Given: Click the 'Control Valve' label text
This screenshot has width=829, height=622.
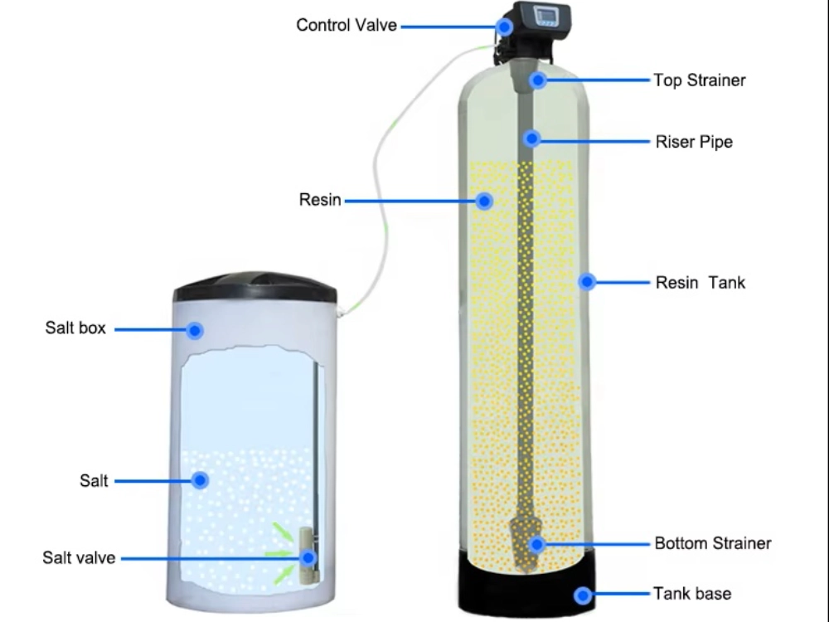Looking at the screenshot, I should pyautogui.click(x=347, y=26).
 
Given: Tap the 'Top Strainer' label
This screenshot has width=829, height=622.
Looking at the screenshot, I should pyautogui.click(x=700, y=80).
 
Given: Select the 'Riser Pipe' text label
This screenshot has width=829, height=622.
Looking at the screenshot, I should pyautogui.click(x=694, y=142).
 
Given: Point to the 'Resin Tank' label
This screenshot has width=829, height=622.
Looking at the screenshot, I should pyautogui.click(x=701, y=283).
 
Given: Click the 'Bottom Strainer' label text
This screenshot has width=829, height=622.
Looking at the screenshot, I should pyautogui.click(x=713, y=544).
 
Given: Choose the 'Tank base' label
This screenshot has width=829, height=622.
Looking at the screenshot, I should pyautogui.click(x=692, y=594).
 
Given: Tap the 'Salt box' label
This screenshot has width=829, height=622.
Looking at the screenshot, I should pyautogui.click(x=75, y=328).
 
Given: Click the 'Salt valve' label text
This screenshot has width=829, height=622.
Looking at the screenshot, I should pyautogui.click(x=79, y=557).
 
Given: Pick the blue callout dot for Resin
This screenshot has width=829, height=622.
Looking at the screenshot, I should pyautogui.click(x=485, y=201).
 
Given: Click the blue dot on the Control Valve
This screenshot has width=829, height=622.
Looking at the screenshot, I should pyautogui.click(x=505, y=27).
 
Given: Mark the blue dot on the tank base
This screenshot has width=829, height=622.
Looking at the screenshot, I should pyautogui.click(x=583, y=595).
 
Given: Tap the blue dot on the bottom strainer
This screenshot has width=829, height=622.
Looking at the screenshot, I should pyautogui.click(x=536, y=545).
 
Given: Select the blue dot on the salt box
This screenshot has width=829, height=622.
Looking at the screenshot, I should pyautogui.click(x=195, y=331).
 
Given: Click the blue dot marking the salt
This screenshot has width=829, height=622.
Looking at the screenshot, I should pyautogui.click(x=199, y=480).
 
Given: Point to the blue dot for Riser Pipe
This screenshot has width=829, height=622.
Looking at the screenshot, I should pyautogui.click(x=531, y=138).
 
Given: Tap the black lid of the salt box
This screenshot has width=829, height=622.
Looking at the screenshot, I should pyautogui.click(x=255, y=287).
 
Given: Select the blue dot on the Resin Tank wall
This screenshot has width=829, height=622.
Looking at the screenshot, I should pyautogui.click(x=587, y=282).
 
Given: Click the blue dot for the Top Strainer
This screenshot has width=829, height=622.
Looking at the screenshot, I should pyautogui.click(x=538, y=80).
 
